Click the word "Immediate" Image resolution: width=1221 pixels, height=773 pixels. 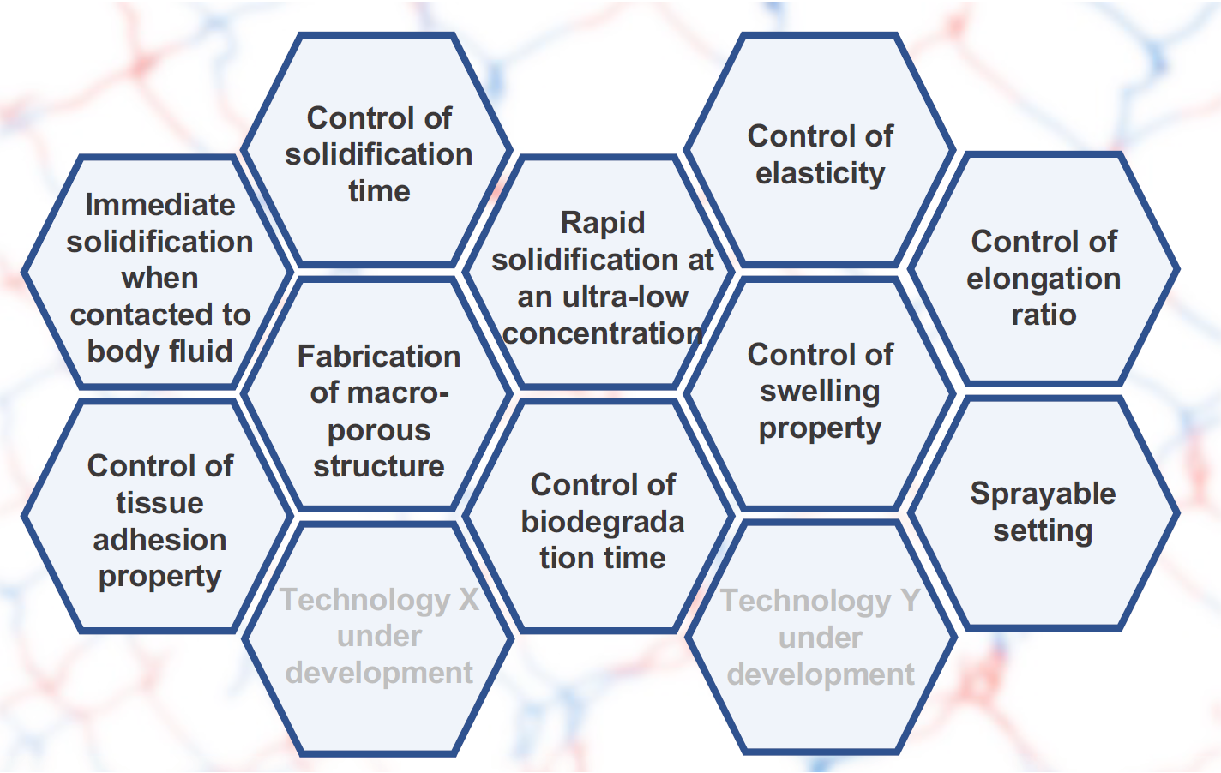pyautogui.click(x=160, y=205)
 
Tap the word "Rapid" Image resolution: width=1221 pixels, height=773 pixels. pyautogui.click(x=602, y=224)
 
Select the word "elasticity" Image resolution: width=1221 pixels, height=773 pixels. pyautogui.click(x=820, y=174)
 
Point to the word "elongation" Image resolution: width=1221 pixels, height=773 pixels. pyautogui.click(x=1044, y=279)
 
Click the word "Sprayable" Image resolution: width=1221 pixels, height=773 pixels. pyautogui.click(x=1043, y=495)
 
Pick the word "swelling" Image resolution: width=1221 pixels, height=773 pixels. pyautogui.click(x=820, y=392)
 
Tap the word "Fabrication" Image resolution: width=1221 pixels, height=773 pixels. pyautogui.click(x=379, y=357)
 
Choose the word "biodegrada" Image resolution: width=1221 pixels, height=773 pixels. pyautogui.click(x=602, y=522)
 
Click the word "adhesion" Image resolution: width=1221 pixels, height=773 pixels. pyautogui.click(x=159, y=540)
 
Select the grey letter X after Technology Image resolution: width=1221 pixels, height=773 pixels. pyautogui.click(x=468, y=600)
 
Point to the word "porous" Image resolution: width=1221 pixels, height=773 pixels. pyautogui.click(x=379, y=431)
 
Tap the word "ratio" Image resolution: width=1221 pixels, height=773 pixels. pyautogui.click(x=1044, y=315)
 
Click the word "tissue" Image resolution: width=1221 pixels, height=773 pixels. pyautogui.click(x=159, y=503)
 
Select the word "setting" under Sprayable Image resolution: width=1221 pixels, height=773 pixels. pyautogui.click(x=1043, y=531)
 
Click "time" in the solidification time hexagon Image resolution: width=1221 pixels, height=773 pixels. pyautogui.click(x=379, y=191)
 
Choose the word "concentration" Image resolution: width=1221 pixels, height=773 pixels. pyautogui.click(x=602, y=333)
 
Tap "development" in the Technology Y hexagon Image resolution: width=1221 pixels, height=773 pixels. pyautogui.click(x=821, y=675)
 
